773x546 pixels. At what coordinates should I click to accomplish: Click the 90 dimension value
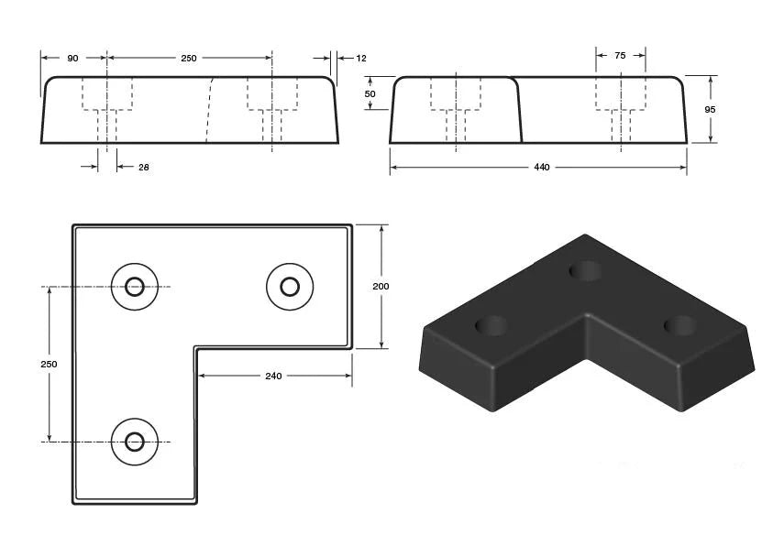[x=72, y=58]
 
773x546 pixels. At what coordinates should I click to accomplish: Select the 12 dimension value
[x=360, y=58]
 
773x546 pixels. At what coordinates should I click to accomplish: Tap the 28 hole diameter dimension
[x=144, y=167]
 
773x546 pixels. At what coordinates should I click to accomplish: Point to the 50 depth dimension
[x=370, y=93]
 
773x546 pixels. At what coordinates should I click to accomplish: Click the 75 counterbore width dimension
[x=620, y=56]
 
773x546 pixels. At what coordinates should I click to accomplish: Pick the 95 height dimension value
[x=710, y=109]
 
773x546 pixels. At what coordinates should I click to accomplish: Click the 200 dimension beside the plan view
[x=381, y=286]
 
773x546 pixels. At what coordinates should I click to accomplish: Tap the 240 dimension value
[x=273, y=376]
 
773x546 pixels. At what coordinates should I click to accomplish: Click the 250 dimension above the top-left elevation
[x=188, y=58]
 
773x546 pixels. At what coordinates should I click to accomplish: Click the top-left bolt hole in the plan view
[x=135, y=287]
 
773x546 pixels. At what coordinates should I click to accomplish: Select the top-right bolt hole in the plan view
[x=290, y=287]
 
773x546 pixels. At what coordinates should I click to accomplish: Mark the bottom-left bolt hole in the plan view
[x=135, y=441]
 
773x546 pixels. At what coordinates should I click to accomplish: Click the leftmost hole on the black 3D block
[x=491, y=325]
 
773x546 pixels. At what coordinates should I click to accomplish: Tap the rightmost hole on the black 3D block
[x=679, y=324]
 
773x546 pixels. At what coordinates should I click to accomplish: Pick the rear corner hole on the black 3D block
[x=585, y=270]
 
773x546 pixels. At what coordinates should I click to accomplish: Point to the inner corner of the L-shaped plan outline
[x=195, y=348]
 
